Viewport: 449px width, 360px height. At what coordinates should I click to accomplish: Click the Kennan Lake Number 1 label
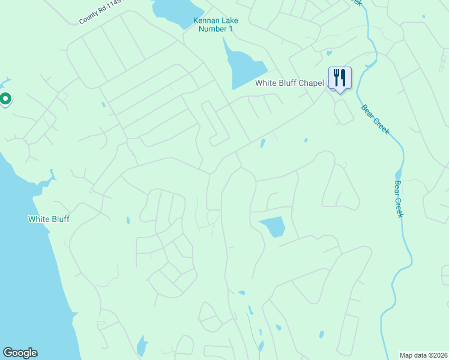215,25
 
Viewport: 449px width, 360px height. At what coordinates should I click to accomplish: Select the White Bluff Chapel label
289,83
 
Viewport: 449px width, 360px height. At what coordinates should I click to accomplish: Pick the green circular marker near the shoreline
5,98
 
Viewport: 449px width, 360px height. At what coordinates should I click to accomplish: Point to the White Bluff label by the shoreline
49,219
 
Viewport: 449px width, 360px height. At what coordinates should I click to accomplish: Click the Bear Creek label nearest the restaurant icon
375,118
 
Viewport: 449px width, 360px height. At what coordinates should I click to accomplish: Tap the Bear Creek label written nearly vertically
398,199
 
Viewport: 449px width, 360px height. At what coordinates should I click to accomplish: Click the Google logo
20,353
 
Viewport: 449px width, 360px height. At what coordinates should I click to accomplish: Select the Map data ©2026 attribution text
423,355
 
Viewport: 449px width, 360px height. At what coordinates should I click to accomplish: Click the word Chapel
312,83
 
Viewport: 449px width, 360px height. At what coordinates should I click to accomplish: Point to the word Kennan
205,20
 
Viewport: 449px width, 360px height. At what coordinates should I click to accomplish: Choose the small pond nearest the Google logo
142,346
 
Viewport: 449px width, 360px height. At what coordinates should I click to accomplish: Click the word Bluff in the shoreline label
59,219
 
